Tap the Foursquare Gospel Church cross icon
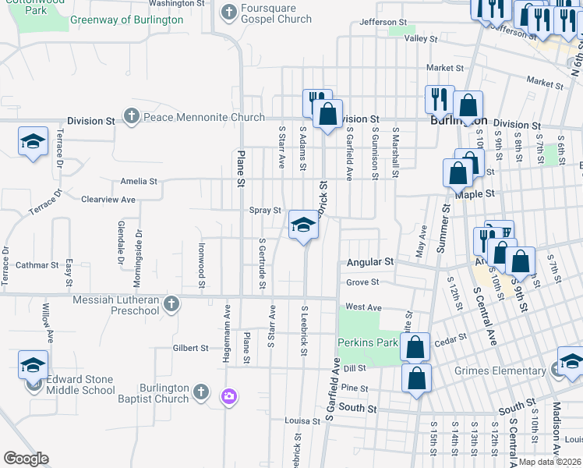click(228, 12)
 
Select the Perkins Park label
click(368, 342)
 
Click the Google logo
click(26, 458)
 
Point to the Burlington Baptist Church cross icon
click(200, 391)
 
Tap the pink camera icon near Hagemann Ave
click(228, 397)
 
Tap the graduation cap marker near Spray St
click(303, 226)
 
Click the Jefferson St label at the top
click(383, 23)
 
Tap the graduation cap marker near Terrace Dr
click(33, 142)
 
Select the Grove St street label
click(362, 282)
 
